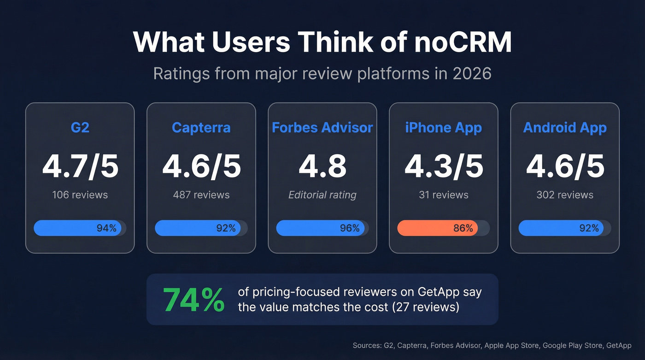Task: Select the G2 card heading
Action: (x=80, y=127)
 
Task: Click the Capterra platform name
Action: (x=201, y=127)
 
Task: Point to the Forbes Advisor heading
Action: (x=322, y=127)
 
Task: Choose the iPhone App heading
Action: (x=443, y=127)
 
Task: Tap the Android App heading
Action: (x=565, y=127)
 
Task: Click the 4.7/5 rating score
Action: (x=80, y=166)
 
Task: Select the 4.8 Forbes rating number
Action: (x=322, y=166)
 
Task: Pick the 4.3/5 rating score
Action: (x=443, y=166)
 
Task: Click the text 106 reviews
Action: (x=80, y=195)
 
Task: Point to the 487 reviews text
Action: (x=201, y=195)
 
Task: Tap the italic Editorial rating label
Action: (x=322, y=195)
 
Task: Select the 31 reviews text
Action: (x=443, y=195)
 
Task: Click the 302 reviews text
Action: (x=565, y=195)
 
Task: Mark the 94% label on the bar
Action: (x=106, y=228)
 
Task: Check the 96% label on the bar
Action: (x=349, y=228)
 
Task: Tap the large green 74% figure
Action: (x=194, y=300)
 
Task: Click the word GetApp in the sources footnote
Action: (x=619, y=345)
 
